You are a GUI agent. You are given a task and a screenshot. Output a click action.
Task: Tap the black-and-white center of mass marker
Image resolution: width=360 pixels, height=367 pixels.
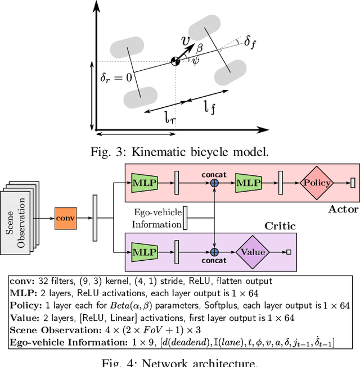click(176, 61)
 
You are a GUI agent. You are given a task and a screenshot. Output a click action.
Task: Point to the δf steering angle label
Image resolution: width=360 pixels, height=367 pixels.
click(250, 42)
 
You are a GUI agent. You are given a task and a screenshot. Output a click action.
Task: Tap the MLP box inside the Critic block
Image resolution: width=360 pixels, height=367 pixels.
click(143, 252)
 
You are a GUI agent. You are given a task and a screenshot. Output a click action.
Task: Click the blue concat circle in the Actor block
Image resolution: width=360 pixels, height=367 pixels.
click(214, 182)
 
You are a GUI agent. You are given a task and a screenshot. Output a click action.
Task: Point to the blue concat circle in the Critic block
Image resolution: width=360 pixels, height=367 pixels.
click(214, 252)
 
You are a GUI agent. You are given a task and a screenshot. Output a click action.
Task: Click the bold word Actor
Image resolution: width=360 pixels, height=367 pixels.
click(343, 209)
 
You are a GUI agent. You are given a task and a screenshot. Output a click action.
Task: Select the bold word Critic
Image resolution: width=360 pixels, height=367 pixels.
click(280, 226)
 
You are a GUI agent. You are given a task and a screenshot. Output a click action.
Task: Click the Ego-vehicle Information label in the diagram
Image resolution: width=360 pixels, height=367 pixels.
click(157, 218)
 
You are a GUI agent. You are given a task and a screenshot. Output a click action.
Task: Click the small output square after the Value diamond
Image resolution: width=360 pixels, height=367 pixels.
click(289, 252)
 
